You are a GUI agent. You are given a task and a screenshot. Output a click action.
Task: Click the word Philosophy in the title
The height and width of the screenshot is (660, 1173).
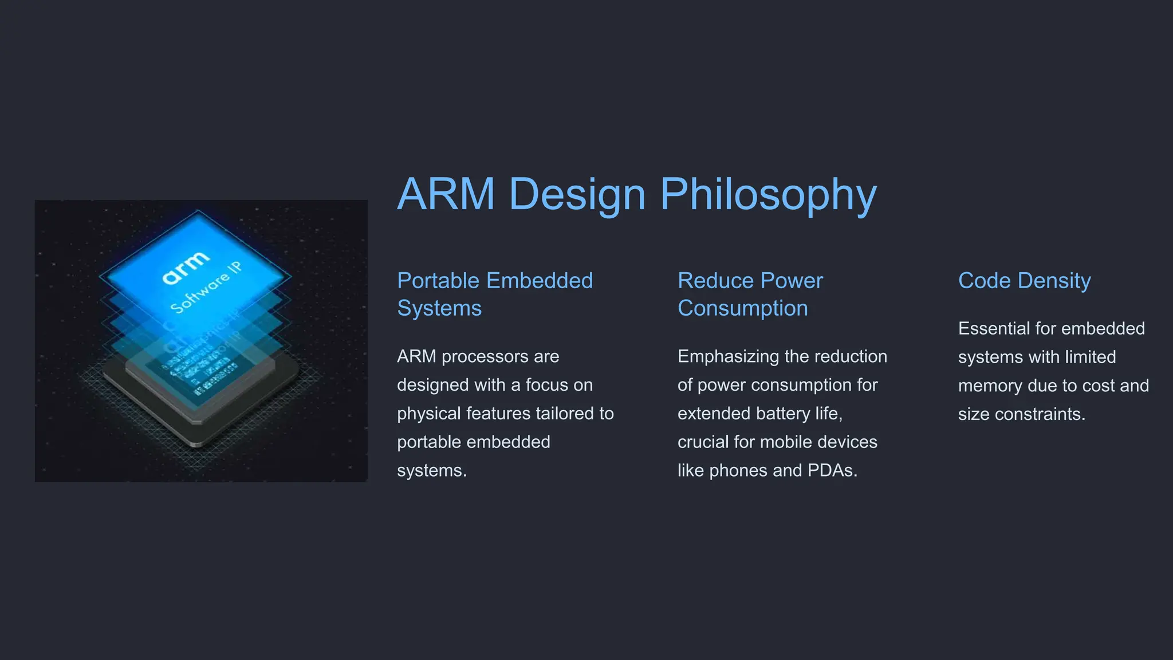(x=768, y=195)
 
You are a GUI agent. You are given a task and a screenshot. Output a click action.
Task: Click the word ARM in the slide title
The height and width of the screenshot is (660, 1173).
(x=446, y=195)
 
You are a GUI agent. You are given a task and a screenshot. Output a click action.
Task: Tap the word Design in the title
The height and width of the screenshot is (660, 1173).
(x=577, y=195)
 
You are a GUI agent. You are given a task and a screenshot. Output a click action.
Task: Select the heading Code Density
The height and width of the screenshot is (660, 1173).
(x=1024, y=281)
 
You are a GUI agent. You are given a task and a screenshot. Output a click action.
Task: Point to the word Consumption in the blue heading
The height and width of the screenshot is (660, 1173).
(x=742, y=308)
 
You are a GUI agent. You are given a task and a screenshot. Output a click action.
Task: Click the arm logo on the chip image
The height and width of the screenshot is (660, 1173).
(x=186, y=267)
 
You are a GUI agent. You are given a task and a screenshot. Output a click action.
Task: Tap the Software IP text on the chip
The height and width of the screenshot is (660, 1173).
(x=206, y=288)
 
